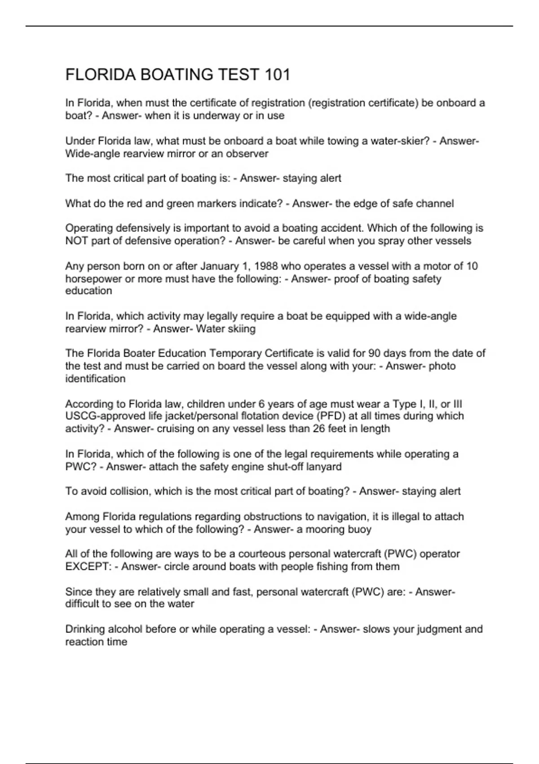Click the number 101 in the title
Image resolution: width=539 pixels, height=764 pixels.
pos(277,75)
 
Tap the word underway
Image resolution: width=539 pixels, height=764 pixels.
pos(218,115)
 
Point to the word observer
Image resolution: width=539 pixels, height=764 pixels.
pos(247,154)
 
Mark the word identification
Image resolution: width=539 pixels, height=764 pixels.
pos(95,379)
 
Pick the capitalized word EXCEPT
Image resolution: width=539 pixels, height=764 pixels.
pos(88,566)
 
